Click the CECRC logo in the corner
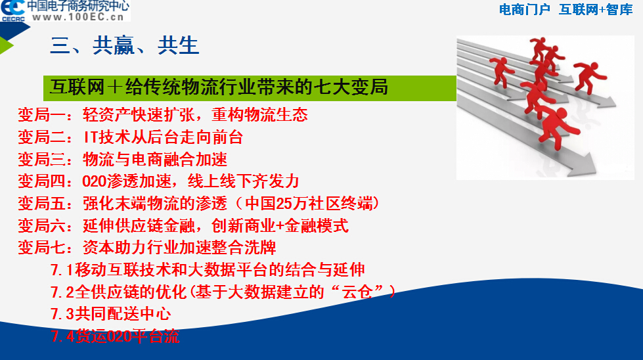(x=12, y=11)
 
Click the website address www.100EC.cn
(x=78, y=17)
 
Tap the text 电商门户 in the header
(x=525, y=9)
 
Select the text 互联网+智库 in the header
(x=596, y=9)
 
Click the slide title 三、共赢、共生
(x=124, y=45)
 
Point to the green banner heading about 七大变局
(x=250, y=88)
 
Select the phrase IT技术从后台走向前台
(x=163, y=137)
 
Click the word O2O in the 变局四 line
(x=95, y=181)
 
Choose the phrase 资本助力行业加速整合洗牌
(x=179, y=248)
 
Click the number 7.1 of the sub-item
(x=62, y=270)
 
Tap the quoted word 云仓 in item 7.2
(x=357, y=292)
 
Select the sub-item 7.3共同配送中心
(x=111, y=314)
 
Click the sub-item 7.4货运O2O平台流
(x=115, y=336)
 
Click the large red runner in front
(x=558, y=126)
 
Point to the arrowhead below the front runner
(x=587, y=166)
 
